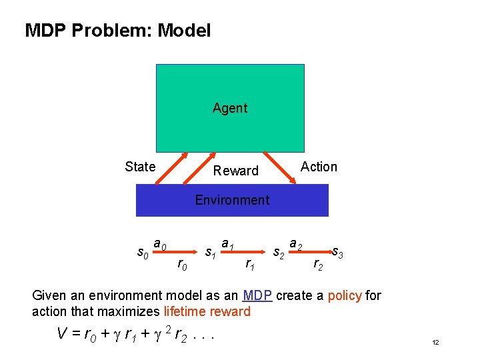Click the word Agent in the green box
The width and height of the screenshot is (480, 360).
pos(230,108)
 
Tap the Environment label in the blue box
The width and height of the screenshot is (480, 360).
pos(232,200)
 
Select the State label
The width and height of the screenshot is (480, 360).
pos(140,167)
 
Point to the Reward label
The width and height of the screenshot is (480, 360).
pos(235,171)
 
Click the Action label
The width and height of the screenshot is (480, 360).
pos(319,167)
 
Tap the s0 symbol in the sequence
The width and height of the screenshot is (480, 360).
pos(141,253)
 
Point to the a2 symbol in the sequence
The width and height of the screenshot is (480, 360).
pos(296,246)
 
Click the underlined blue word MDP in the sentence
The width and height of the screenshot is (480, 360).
pos(257,295)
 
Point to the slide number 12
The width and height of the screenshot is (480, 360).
pos(435,343)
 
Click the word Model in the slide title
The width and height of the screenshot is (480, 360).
pos(184,31)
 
